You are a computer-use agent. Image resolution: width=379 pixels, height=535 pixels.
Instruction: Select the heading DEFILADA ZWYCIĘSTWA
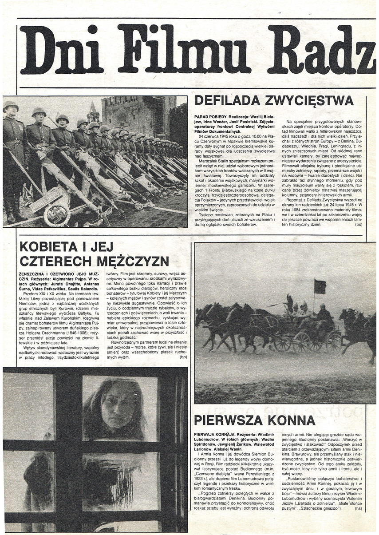(274, 100)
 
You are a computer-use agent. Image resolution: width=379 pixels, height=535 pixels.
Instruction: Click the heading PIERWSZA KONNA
(255, 420)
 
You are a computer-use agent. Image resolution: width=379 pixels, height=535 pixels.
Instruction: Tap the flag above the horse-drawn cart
(320, 286)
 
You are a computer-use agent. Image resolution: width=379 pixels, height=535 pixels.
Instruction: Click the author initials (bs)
(359, 225)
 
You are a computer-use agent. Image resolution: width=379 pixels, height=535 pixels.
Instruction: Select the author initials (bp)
(183, 357)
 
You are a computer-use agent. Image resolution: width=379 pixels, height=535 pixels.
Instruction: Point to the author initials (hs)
(359, 508)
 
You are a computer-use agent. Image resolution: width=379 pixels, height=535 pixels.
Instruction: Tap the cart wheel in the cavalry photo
(301, 342)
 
